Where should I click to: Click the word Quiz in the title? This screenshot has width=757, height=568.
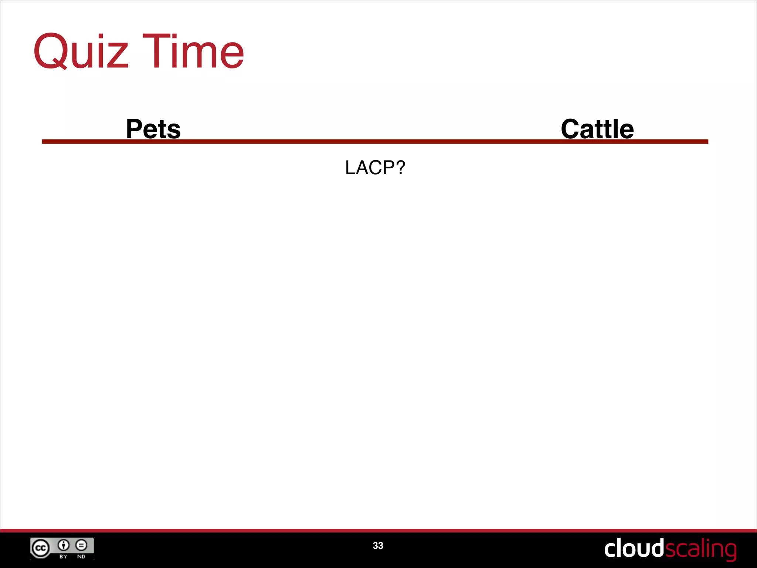click(x=81, y=51)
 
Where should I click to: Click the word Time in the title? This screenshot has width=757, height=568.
click(x=193, y=51)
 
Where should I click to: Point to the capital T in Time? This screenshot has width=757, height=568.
click(x=155, y=51)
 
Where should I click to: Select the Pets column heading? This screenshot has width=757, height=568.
click(x=153, y=129)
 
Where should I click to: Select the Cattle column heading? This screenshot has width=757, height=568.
click(x=597, y=129)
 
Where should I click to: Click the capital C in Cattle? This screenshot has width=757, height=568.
click(x=572, y=129)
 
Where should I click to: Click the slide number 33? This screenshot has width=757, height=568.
click(x=378, y=545)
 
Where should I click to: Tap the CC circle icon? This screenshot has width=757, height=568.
click(x=40, y=548)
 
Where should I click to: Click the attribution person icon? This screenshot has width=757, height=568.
click(x=64, y=545)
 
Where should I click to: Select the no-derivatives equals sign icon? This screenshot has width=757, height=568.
click(x=81, y=545)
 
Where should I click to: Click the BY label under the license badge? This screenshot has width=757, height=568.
click(x=64, y=557)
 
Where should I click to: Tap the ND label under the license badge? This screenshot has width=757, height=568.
click(x=81, y=557)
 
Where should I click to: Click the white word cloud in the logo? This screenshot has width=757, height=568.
click(x=634, y=548)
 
